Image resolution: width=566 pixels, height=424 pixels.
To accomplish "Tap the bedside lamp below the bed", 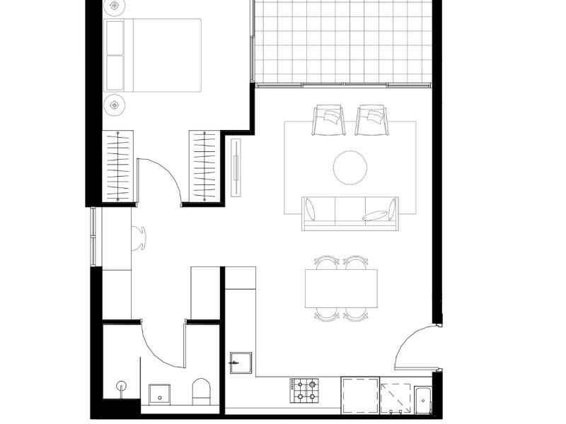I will click(x=115, y=105).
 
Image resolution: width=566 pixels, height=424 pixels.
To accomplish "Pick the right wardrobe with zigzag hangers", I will click(x=206, y=167).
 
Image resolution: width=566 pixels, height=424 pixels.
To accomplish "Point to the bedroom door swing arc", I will click(x=161, y=177).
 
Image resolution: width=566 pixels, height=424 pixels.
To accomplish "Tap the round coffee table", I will click(x=350, y=167).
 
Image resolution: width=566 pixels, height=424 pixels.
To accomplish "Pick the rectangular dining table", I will click(x=340, y=288).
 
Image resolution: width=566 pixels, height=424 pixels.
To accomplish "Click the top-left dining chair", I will click(x=326, y=262).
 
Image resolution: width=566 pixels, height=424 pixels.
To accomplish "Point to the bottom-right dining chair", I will click(x=356, y=314).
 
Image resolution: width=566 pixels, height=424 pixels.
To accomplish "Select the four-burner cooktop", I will click(x=304, y=389).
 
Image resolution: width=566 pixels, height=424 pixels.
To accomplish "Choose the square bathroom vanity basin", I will click(x=159, y=394).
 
